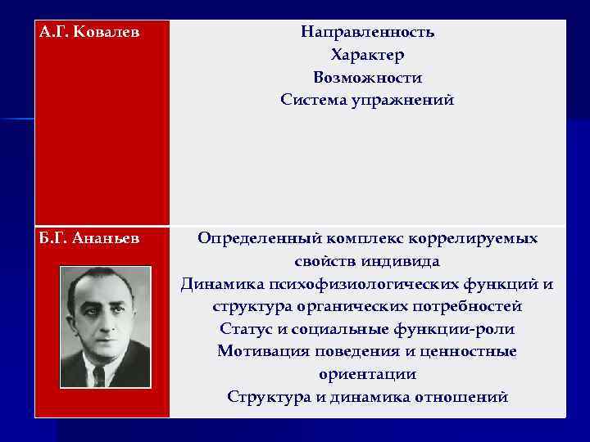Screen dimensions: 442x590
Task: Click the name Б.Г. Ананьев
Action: [88, 239]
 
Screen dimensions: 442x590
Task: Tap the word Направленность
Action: [367, 33]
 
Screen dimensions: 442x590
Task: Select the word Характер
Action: [367, 56]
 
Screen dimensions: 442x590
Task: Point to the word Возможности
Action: [367, 78]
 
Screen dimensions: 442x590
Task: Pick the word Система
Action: [309, 101]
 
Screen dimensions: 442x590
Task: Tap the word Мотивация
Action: [257, 352]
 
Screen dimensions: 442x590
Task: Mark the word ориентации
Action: [367, 375]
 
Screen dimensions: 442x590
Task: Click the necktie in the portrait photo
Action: [100, 377]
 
